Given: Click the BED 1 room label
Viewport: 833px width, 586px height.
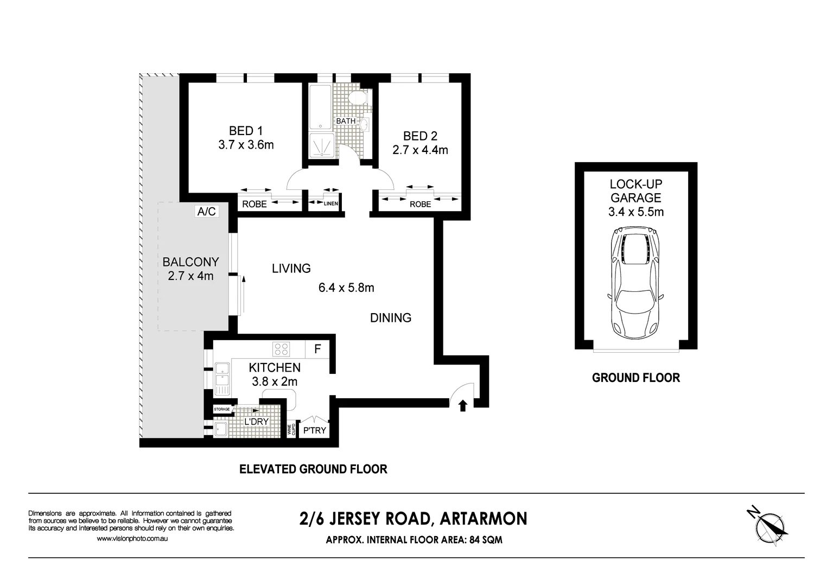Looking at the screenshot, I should (x=245, y=131).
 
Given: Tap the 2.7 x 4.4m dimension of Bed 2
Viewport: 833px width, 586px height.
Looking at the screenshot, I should (x=420, y=150).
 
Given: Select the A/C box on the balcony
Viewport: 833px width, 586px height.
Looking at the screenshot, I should (x=207, y=212).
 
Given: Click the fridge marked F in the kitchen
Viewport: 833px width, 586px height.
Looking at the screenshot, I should (x=318, y=349).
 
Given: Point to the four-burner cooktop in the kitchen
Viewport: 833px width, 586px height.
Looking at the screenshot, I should (x=281, y=348).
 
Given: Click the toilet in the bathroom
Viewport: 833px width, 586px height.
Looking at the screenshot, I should (x=358, y=98).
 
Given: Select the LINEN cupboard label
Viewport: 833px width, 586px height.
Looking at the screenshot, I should (x=331, y=203).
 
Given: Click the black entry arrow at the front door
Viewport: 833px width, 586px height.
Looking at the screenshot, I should (x=463, y=405).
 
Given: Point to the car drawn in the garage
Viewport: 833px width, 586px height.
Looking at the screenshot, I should (x=635, y=282).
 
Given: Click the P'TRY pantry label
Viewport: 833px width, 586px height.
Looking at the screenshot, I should (x=314, y=430).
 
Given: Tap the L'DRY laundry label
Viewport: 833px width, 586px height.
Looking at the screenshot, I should (x=256, y=422).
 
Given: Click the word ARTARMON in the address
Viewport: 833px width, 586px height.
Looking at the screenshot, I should (x=483, y=519).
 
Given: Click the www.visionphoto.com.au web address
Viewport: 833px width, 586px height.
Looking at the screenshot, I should (x=132, y=538).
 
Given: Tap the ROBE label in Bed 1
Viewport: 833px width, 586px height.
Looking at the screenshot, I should (x=254, y=204).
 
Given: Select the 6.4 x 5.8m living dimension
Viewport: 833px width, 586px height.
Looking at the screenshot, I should (x=346, y=288).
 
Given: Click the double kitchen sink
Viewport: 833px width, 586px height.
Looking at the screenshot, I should (x=221, y=378).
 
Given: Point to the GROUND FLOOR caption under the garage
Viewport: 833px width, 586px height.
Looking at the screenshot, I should (x=635, y=378).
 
